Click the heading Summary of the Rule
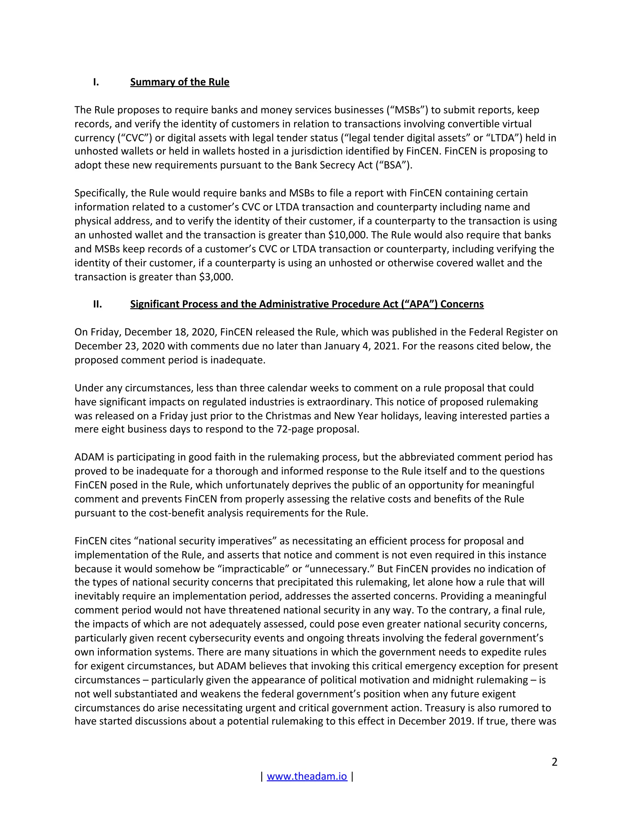pyautogui.click(x=180, y=82)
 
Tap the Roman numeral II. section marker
pyautogui.click(x=97, y=304)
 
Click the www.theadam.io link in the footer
pyautogui.click(x=307, y=776)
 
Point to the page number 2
pyautogui.click(x=554, y=762)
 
